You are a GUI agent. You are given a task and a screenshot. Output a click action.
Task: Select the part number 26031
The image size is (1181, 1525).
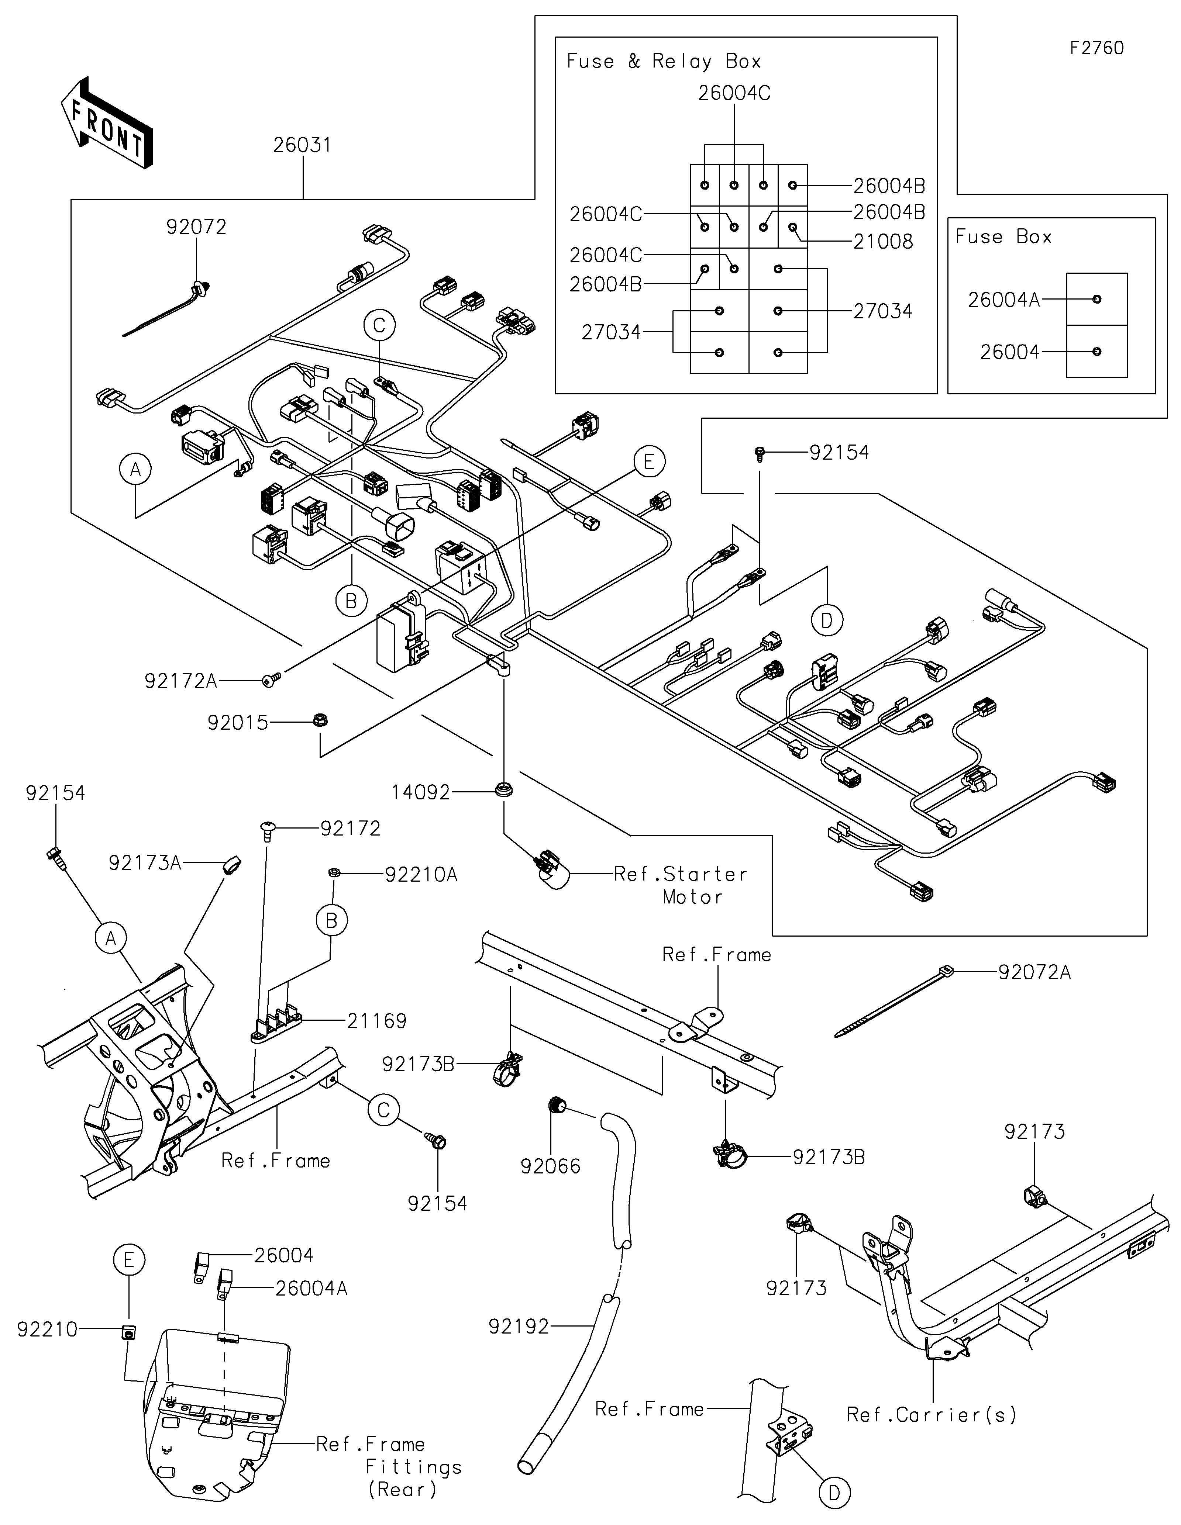[x=302, y=146]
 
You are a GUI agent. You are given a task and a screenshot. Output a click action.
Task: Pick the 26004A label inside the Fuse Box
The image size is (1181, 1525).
[x=1003, y=300]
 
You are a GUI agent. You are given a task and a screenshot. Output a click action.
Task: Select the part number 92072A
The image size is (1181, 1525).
[x=1034, y=972]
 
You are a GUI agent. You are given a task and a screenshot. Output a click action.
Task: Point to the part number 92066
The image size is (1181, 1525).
[x=550, y=1166]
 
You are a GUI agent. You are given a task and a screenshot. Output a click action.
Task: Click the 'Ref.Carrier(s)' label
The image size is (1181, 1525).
[x=931, y=1415]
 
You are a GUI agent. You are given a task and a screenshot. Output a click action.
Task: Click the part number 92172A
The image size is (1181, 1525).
[x=181, y=681]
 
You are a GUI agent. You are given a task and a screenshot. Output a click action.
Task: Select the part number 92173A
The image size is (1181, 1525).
[x=145, y=863]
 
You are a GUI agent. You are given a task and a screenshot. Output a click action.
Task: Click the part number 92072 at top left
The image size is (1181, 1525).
[x=196, y=227]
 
